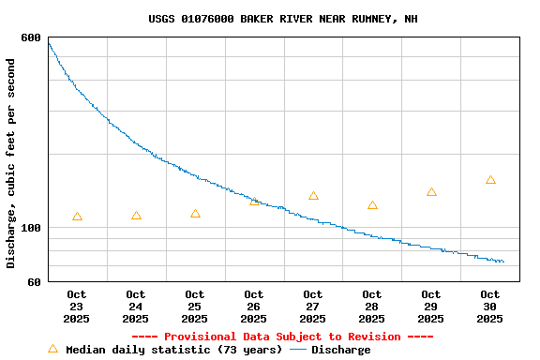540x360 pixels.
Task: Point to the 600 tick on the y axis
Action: tap(31, 37)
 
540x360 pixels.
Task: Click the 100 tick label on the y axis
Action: tap(31, 228)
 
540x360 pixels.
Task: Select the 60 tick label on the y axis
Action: tap(34, 282)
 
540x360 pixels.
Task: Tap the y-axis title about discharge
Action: tap(11, 163)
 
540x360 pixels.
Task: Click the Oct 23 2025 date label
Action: tap(77, 307)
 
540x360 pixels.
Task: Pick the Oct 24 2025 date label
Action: tap(136, 307)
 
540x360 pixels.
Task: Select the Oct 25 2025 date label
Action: tap(195, 307)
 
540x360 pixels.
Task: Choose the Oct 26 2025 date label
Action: tap(254, 307)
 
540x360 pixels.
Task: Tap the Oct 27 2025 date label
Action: tap(313, 307)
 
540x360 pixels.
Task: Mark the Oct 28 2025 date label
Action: tap(372, 307)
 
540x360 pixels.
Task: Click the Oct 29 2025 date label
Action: tap(431, 307)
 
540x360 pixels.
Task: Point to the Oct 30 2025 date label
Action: tap(490, 307)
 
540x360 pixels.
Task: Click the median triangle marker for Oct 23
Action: tap(77, 217)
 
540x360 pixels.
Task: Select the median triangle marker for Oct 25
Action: tap(195, 214)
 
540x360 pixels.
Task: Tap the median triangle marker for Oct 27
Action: tap(313, 196)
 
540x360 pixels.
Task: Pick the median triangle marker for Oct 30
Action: tap(490, 180)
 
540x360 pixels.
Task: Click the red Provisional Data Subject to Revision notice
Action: tap(282, 337)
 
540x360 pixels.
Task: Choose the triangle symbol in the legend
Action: tap(52, 349)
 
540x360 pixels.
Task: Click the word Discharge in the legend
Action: tap(340, 350)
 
